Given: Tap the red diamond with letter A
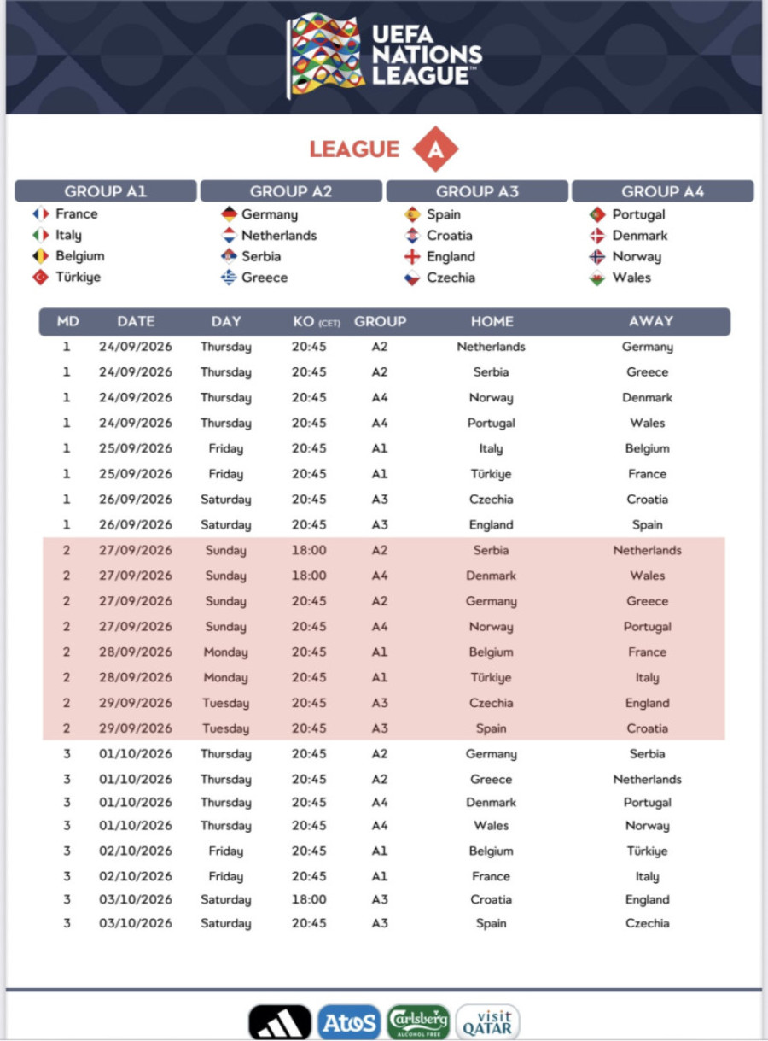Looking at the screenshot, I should click(x=435, y=149).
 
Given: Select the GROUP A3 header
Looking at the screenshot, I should click(x=477, y=191).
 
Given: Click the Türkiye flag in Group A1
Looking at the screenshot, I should click(x=40, y=277).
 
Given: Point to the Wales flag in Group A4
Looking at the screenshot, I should click(x=597, y=278).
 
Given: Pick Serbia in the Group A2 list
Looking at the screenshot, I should click(x=260, y=256).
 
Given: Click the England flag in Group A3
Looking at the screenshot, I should click(x=412, y=256).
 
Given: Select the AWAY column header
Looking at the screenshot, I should click(x=650, y=322).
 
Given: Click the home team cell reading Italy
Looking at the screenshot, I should click(x=491, y=448).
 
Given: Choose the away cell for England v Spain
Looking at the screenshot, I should click(x=647, y=524).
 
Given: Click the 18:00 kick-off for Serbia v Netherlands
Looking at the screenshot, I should click(x=309, y=550).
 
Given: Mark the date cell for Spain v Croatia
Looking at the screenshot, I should click(x=136, y=728).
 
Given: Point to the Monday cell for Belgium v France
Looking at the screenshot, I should click(x=226, y=652).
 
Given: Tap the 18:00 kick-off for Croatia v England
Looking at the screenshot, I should click(x=309, y=899).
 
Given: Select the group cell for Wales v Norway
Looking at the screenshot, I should click(x=380, y=825).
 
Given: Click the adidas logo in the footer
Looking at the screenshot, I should click(x=280, y=1021).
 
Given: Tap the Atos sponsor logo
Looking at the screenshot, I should click(x=349, y=1022).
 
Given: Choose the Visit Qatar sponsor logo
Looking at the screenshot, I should click(x=488, y=1022).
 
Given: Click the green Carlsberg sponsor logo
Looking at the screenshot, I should click(x=418, y=1022).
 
